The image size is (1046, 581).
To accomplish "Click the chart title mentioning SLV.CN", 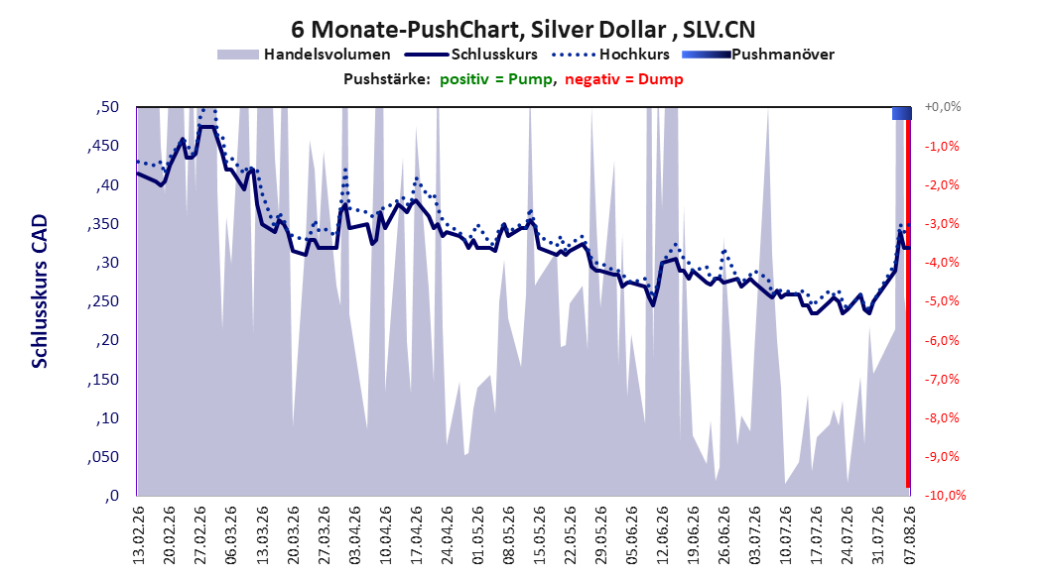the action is (523, 30).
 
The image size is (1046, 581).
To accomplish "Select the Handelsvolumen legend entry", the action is (304, 55).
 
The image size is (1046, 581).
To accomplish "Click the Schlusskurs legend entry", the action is (471, 55).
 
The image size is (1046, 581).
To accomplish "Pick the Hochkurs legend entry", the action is (610, 55).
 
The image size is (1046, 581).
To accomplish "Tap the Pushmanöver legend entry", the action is (758, 55).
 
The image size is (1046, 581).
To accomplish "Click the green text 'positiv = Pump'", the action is (495, 79).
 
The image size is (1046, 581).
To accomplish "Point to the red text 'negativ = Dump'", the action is (624, 79).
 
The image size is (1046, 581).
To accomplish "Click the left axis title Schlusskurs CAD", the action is (40, 291).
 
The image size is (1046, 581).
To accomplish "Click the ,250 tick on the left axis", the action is (103, 301).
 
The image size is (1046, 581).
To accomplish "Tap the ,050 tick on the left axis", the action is (103, 456).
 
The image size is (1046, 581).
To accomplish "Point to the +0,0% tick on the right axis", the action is (943, 107).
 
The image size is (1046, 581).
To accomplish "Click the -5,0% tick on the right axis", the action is (942, 301).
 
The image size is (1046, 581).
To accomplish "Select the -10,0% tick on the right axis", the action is (945, 495).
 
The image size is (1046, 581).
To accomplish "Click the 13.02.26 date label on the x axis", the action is (139, 535).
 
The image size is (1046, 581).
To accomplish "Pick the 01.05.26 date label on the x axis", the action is (478, 535).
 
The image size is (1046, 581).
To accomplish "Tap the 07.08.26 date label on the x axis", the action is (909, 535).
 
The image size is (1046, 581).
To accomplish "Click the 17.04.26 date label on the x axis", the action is (416, 535).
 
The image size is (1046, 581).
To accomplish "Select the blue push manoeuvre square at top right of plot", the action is (902, 113).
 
